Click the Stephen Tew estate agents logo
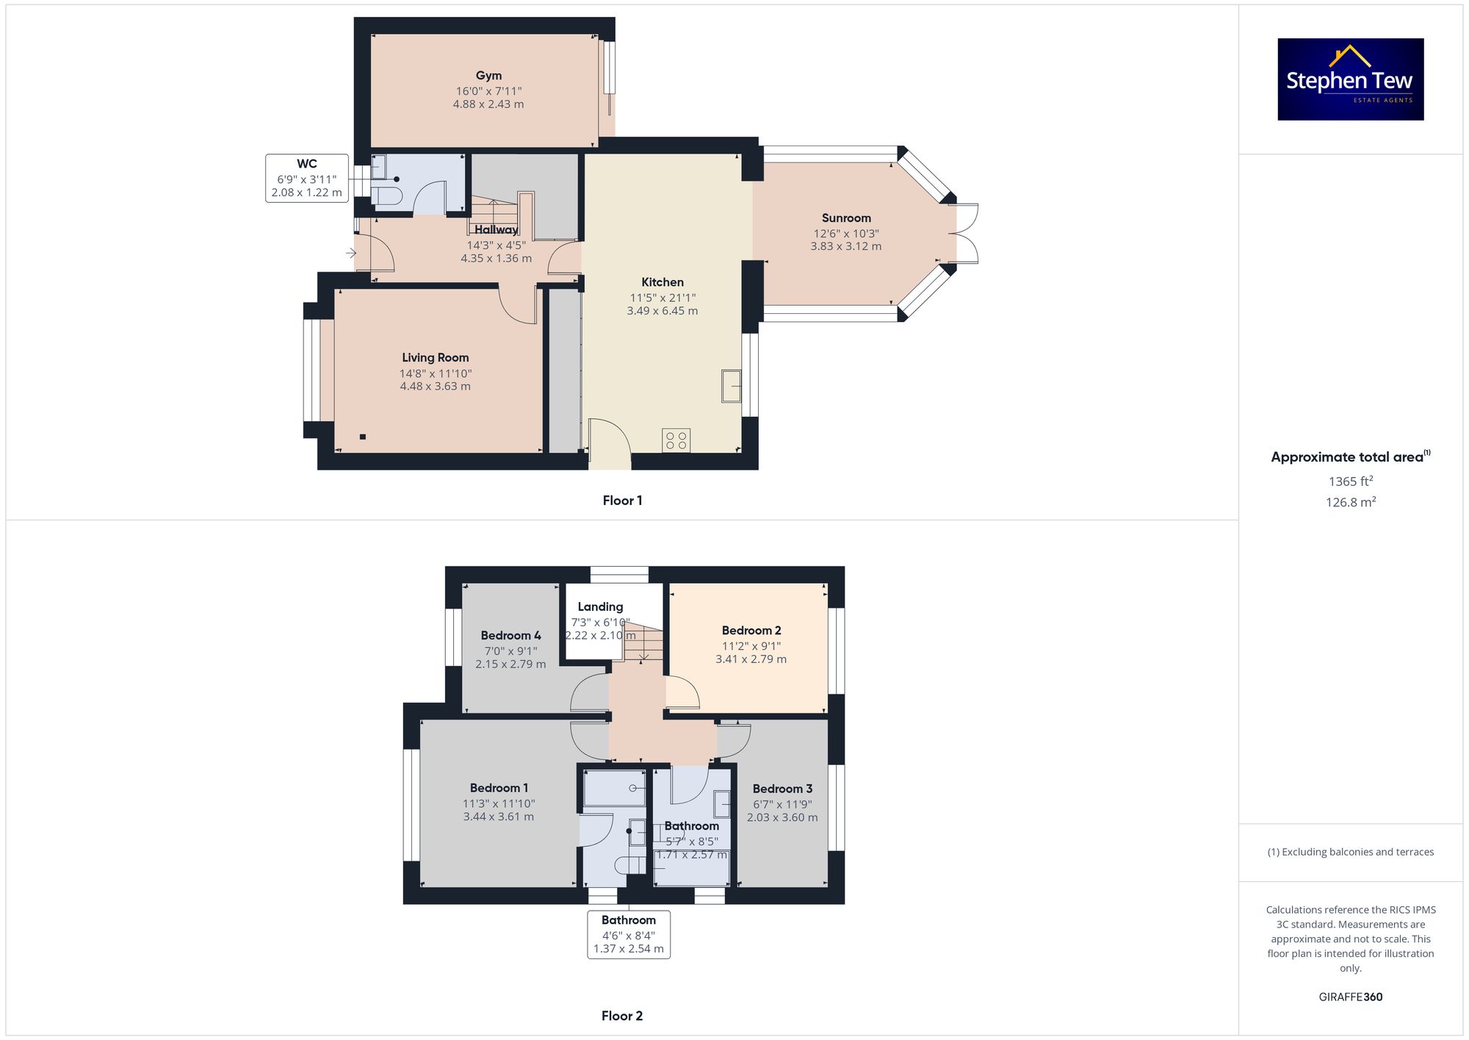pyautogui.click(x=1351, y=79)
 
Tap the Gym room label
pyautogui.click(x=488, y=76)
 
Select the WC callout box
pyautogui.click(x=307, y=178)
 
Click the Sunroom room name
pyautogui.click(x=846, y=218)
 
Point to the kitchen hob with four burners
pyautogui.click(x=676, y=440)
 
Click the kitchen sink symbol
pyautogui.click(x=732, y=385)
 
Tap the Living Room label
pyautogui.click(x=436, y=358)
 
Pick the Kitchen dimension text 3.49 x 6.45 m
pyautogui.click(x=663, y=311)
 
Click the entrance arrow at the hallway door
pyautogui.click(x=351, y=254)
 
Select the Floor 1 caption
pyautogui.click(x=622, y=501)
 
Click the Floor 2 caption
pyautogui.click(x=622, y=1016)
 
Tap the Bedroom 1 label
pyautogui.click(x=499, y=788)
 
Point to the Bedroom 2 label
pyautogui.click(x=751, y=631)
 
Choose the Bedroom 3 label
pyautogui.click(x=782, y=789)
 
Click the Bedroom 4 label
pyautogui.click(x=510, y=636)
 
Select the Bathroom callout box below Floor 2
pyautogui.click(x=629, y=934)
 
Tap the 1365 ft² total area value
pyautogui.click(x=1351, y=481)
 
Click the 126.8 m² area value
pyautogui.click(x=1351, y=502)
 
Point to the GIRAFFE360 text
pyautogui.click(x=1351, y=997)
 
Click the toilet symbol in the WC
pyautogui.click(x=386, y=196)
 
